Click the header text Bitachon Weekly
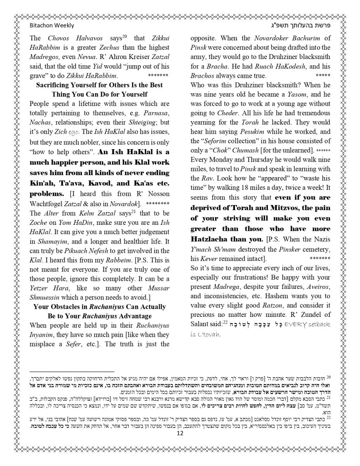52,26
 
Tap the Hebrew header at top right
306,26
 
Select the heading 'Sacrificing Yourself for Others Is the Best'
99,85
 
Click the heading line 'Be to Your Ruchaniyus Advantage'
99,316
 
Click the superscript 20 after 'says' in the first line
125,37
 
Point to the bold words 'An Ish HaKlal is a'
134,152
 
